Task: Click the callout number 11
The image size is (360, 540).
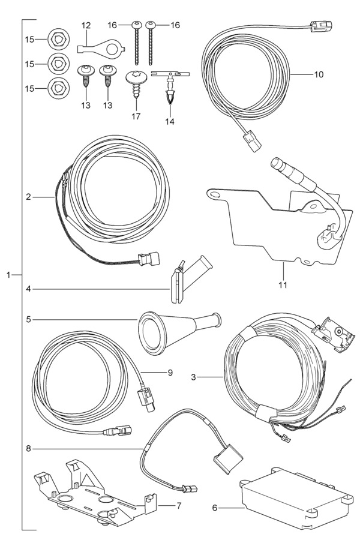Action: point(283,284)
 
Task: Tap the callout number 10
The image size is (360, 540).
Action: point(318,75)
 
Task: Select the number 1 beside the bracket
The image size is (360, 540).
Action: point(9,275)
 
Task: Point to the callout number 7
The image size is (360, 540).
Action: point(178,505)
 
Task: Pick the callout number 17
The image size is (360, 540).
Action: point(136,116)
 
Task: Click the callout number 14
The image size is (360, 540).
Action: point(170,121)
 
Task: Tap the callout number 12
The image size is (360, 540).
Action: point(86,25)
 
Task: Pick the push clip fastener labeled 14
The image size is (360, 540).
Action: point(171,90)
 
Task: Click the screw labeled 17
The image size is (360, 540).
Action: point(136,85)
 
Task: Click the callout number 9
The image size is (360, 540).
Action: point(170,373)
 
